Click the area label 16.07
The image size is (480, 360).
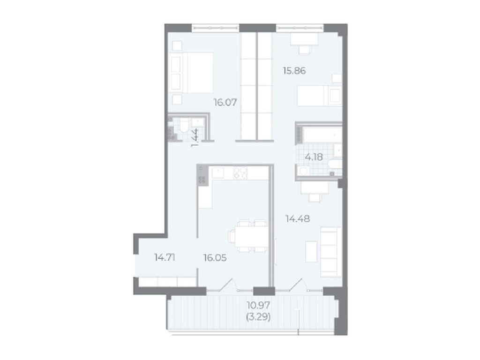(x=225, y=102)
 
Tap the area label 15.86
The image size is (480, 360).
(x=294, y=71)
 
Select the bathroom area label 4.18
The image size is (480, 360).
(x=314, y=157)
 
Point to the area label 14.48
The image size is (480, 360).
(x=298, y=218)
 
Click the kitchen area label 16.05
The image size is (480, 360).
(x=215, y=258)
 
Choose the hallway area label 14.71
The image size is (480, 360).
(x=165, y=257)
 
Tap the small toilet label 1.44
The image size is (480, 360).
(x=195, y=138)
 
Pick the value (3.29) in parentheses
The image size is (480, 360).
(x=258, y=317)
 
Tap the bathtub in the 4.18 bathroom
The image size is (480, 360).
(x=322, y=135)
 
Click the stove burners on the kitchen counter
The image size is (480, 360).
(x=240, y=173)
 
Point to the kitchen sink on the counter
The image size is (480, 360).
(x=217, y=173)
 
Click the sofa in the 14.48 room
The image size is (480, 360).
(x=330, y=252)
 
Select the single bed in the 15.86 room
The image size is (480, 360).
(x=319, y=96)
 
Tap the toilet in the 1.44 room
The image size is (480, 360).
(x=184, y=127)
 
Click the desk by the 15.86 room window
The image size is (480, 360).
(x=304, y=39)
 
